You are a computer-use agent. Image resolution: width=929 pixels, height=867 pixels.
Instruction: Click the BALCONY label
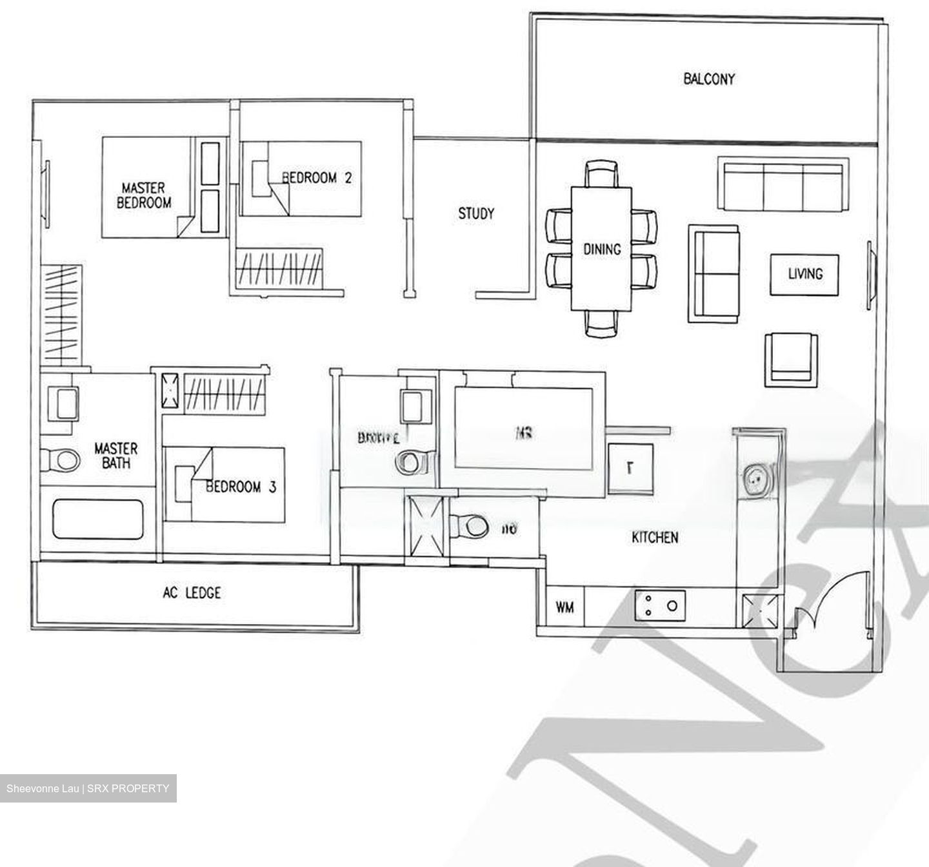point(708,79)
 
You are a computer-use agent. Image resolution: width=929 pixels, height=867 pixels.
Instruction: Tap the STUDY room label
point(476,213)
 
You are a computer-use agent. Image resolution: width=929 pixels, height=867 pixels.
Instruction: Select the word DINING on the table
point(601,249)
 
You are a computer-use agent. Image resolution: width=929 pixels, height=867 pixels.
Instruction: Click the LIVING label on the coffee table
point(804,274)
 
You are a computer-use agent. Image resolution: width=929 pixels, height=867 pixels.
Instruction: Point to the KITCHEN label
point(655,537)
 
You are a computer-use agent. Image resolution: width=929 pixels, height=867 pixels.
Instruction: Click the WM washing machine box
point(564,607)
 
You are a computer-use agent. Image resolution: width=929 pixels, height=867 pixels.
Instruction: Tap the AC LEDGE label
point(192,592)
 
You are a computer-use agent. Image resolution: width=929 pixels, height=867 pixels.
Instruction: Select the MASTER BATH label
point(116,455)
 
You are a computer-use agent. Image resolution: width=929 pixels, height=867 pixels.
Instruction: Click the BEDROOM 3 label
point(241,487)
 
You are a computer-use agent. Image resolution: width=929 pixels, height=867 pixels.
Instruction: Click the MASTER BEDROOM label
point(144,195)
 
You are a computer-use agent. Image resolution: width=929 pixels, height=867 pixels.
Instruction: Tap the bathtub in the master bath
point(98,519)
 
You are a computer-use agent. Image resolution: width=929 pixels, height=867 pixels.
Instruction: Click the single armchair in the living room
point(791,360)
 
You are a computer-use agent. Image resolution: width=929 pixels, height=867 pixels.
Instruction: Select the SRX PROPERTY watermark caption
point(88,788)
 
